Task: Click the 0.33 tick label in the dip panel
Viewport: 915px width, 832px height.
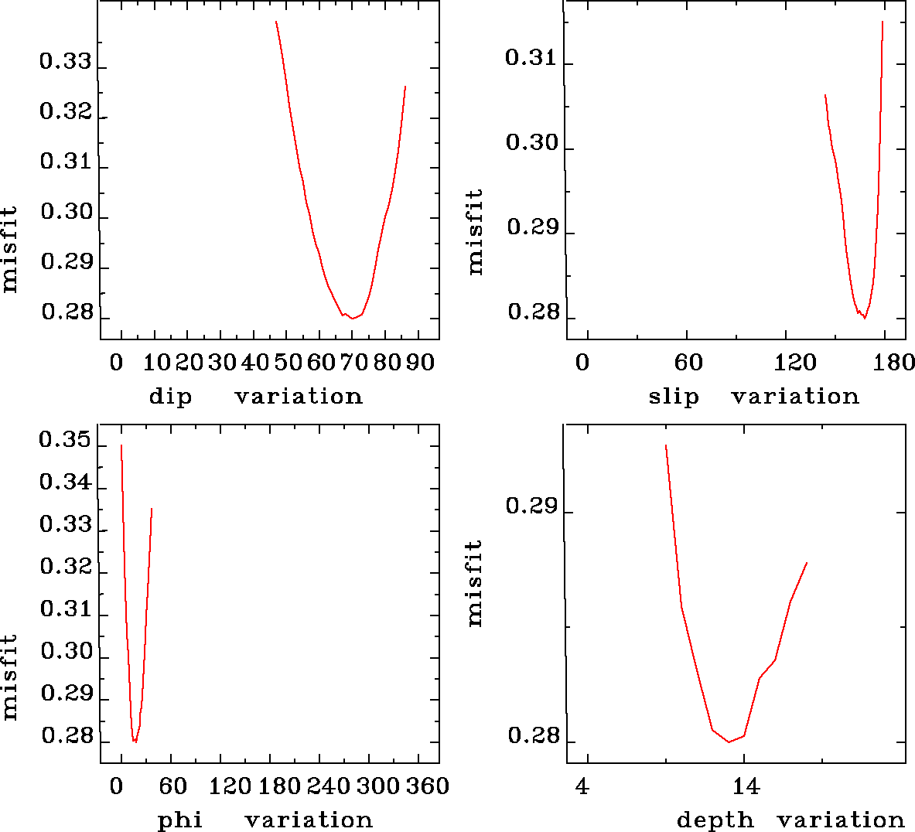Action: [66, 63]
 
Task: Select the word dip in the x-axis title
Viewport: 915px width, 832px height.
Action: [170, 397]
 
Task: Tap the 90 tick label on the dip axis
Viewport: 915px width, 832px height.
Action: [421, 363]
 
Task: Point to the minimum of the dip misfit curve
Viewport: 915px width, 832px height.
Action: [352, 318]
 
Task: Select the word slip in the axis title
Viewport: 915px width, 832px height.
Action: [673, 397]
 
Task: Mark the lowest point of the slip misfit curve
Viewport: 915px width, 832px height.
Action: [865, 318]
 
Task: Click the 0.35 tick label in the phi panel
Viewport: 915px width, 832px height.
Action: [66, 442]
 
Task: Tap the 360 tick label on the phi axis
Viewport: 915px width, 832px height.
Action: [427, 786]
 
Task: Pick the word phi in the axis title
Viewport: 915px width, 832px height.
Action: [180, 820]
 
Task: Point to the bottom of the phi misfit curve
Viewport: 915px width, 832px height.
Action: [135, 742]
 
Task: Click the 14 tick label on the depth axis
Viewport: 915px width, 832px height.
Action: [746, 787]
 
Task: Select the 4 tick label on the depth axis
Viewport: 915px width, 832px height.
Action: [582, 787]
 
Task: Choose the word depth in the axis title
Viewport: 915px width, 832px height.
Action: [715, 820]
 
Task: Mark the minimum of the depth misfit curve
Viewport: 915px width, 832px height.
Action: [729, 742]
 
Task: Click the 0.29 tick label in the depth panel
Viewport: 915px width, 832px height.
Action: [531, 506]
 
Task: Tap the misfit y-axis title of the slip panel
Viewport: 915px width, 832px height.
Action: [475, 232]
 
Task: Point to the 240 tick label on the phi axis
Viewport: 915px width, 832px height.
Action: [329, 786]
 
